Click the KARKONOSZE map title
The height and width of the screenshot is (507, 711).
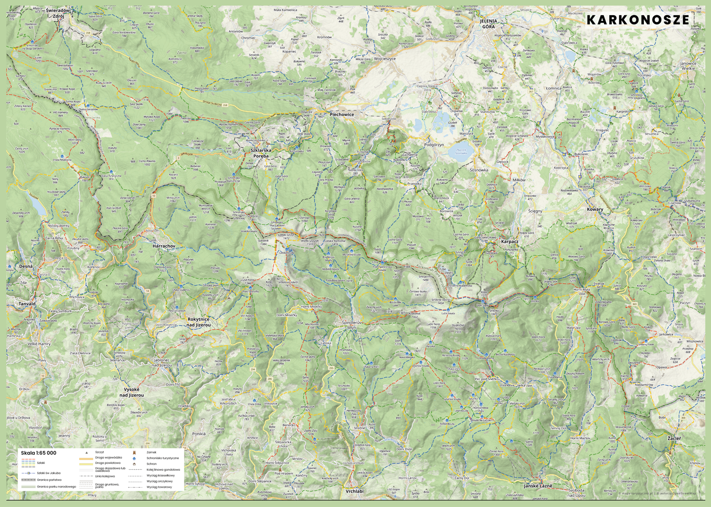[x=638, y=20]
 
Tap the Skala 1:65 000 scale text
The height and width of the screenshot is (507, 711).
[x=38, y=453]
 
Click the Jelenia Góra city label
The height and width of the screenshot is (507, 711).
[x=488, y=24]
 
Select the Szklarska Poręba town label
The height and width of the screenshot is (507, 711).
[x=261, y=153]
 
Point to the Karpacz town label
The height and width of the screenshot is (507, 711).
[x=510, y=242]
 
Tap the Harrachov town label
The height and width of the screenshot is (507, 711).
[x=164, y=246]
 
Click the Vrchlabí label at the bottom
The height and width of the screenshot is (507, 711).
[x=355, y=491]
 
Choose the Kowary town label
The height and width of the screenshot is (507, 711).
[x=595, y=209]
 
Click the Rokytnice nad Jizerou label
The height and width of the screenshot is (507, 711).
[x=199, y=322]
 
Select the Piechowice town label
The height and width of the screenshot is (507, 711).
[x=342, y=114]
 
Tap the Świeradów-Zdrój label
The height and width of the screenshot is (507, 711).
[x=58, y=13]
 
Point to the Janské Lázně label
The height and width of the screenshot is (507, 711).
[x=538, y=486]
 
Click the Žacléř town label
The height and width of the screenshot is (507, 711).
[x=674, y=438]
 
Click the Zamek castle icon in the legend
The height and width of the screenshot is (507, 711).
[x=134, y=452]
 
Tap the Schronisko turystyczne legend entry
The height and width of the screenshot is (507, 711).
[x=162, y=458]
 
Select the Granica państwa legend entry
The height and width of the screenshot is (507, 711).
[x=49, y=480]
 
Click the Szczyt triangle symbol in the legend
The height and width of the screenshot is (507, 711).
[x=87, y=452]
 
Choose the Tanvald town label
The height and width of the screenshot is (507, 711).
[x=27, y=304]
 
